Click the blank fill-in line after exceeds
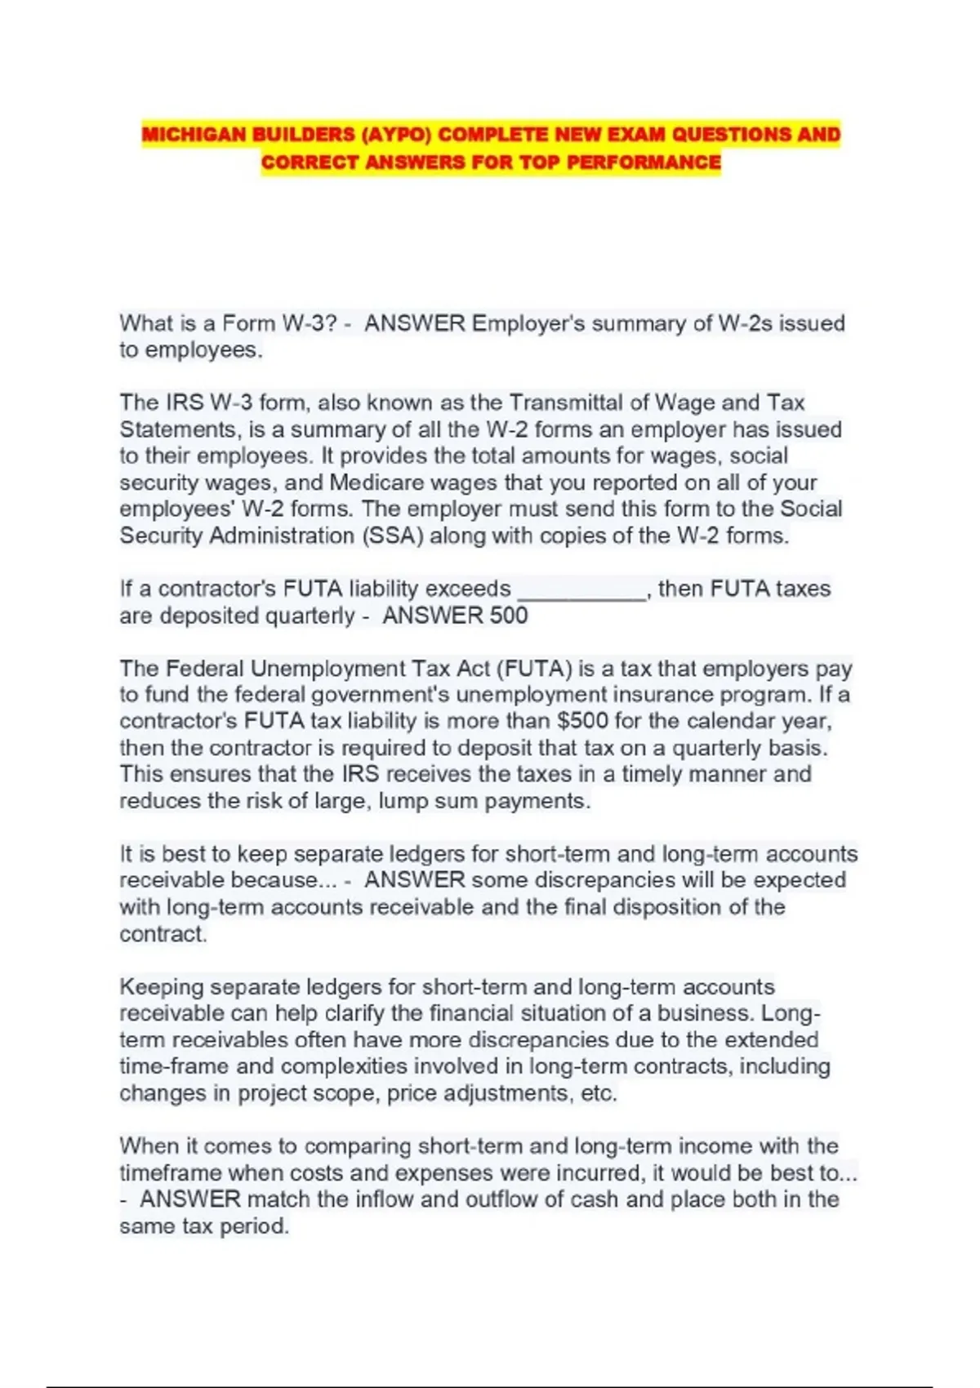pyautogui.click(x=582, y=590)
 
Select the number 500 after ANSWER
pyautogui.click(x=509, y=616)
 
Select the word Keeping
pyautogui.click(x=162, y=987)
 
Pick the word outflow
pyautogui.click(x=502, y=1199)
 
